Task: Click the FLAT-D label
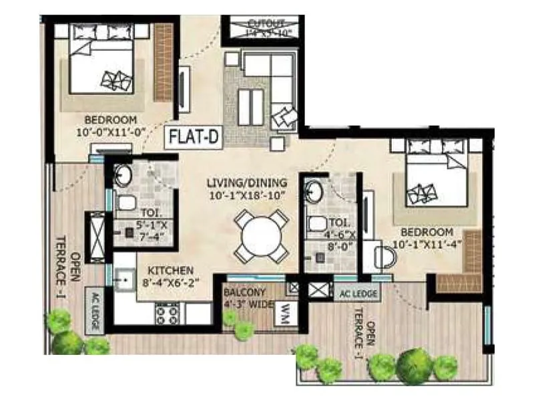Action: [194, 139]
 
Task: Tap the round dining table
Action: [262, 236]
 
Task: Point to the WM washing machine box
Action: [285, 311]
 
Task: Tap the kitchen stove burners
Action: [169, 313]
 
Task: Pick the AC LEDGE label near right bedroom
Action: [358, 292]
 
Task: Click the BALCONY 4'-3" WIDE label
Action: [248, 298]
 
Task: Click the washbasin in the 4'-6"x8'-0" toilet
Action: [314, 192]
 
